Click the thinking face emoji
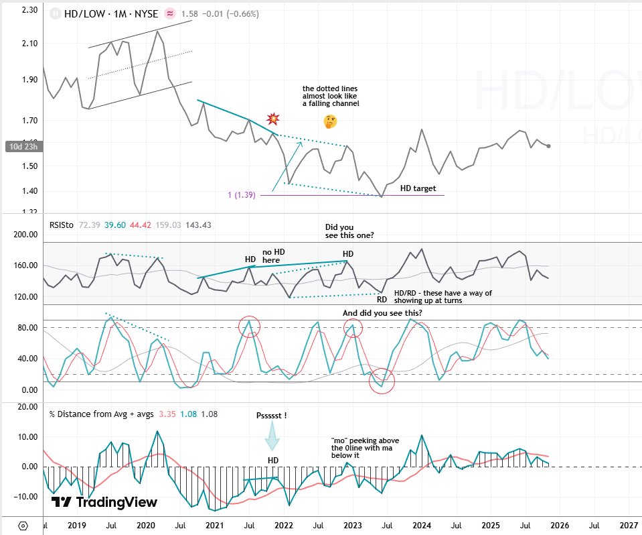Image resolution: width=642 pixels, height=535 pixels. [x=329, y=121]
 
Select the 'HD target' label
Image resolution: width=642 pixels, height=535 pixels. [x=418, y=188]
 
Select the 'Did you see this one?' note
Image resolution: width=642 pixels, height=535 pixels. [x=349, y=231]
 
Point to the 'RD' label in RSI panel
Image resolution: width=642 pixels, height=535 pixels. [x=381, y=299]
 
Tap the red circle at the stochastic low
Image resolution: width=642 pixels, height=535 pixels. [x=382, y=381]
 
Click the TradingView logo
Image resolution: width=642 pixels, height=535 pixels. [x=104, y=502]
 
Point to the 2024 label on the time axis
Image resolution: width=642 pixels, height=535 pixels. [x=422, y=525]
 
